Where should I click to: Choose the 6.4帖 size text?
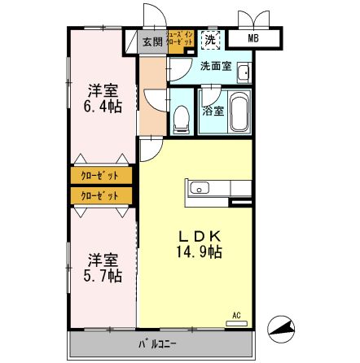tap(103, 106)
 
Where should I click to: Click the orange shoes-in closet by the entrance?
tap(179, 41)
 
